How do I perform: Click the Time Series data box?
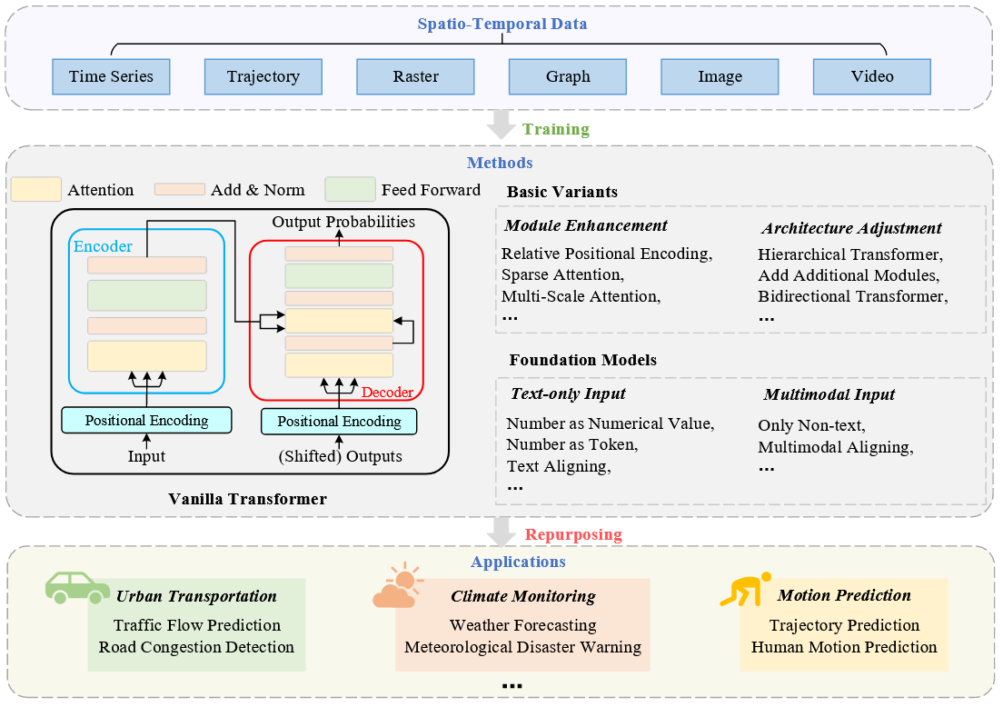pyautogui.click(x=111, y=77)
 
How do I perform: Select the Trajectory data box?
pyautogui.click(x=263, y=77)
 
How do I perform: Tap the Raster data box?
pyautogui.click(x=415, y=77)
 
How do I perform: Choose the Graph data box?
pyautogui.click(x=568, y=77)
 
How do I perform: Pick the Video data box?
pyautogui.click(x=872, y=77)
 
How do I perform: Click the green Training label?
pyautogui.click(x=555, y=129)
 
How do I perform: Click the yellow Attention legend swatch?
pyautogui.click(x=36, y=190)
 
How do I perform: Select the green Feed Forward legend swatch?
pyautogui.click(x=350, y=189)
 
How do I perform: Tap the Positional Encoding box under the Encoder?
pyautogui.click(x=146, y=421)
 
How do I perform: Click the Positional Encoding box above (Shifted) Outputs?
pyautogui.click(x=339, y=422)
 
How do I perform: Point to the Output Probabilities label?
pyautogui.click(x=343, y=222)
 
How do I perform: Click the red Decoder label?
pyautogui.click(x=387, y=393)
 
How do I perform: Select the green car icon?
pyautogui.click(x=77, y=587)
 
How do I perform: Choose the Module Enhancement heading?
pyautogui.click(x=586, y=226)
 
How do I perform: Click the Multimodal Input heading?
pyautogui.click(x=829, y=394)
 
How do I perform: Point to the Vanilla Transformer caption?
pyautogui.click(x=247, y=499)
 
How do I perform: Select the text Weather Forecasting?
pyautogui.click(x=522, y=625)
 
